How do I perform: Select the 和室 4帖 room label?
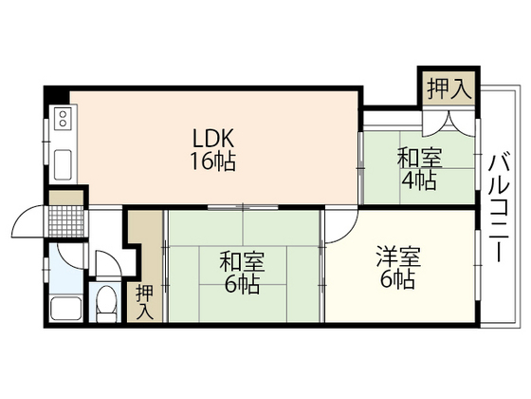point(417,169)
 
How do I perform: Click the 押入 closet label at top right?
point(447,90)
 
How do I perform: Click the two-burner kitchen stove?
point(63,119)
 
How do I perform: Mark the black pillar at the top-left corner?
point(54,96)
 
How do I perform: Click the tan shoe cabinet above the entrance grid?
point(66,198)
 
